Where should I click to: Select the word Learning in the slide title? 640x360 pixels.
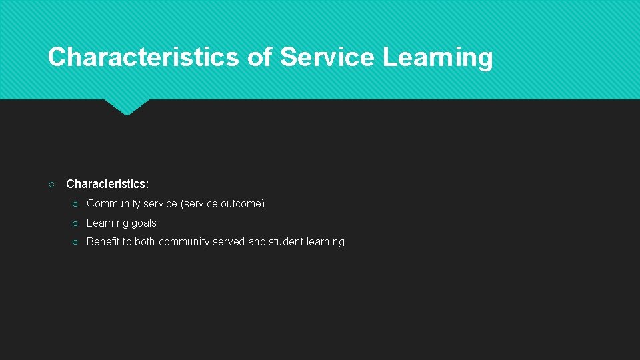[437, 57]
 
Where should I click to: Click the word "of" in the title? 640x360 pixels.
[259, 57]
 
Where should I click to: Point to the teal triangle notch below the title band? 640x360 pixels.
[127, 107]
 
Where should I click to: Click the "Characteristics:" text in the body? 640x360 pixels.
[107, 183]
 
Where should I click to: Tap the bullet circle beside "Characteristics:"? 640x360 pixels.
[52, 184]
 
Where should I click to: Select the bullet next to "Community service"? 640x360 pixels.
[76, 204]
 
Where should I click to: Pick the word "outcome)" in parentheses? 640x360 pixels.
[243, 204]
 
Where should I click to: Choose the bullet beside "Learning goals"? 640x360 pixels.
[76, 223]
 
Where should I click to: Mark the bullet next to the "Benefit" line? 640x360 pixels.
[76, 242]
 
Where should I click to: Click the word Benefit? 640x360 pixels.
[103, 242]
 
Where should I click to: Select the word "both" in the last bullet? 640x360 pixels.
[145, 242]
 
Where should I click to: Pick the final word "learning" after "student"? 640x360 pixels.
[325, 242]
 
